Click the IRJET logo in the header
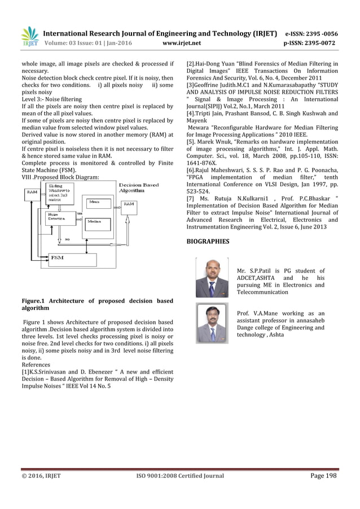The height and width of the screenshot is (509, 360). (x=29, y=36)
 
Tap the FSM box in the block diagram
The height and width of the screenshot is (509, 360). (x=57, y=258)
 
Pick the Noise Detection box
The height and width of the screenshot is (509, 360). (x=57, y=217)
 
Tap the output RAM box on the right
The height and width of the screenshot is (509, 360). (x=129, y=204)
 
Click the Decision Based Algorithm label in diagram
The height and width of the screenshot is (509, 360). (x=139, y=187)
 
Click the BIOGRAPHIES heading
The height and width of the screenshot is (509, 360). (x=208, y=241)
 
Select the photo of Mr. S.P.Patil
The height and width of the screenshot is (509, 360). (x=212, y=278)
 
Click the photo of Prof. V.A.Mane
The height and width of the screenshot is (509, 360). (x=212, y=322)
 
